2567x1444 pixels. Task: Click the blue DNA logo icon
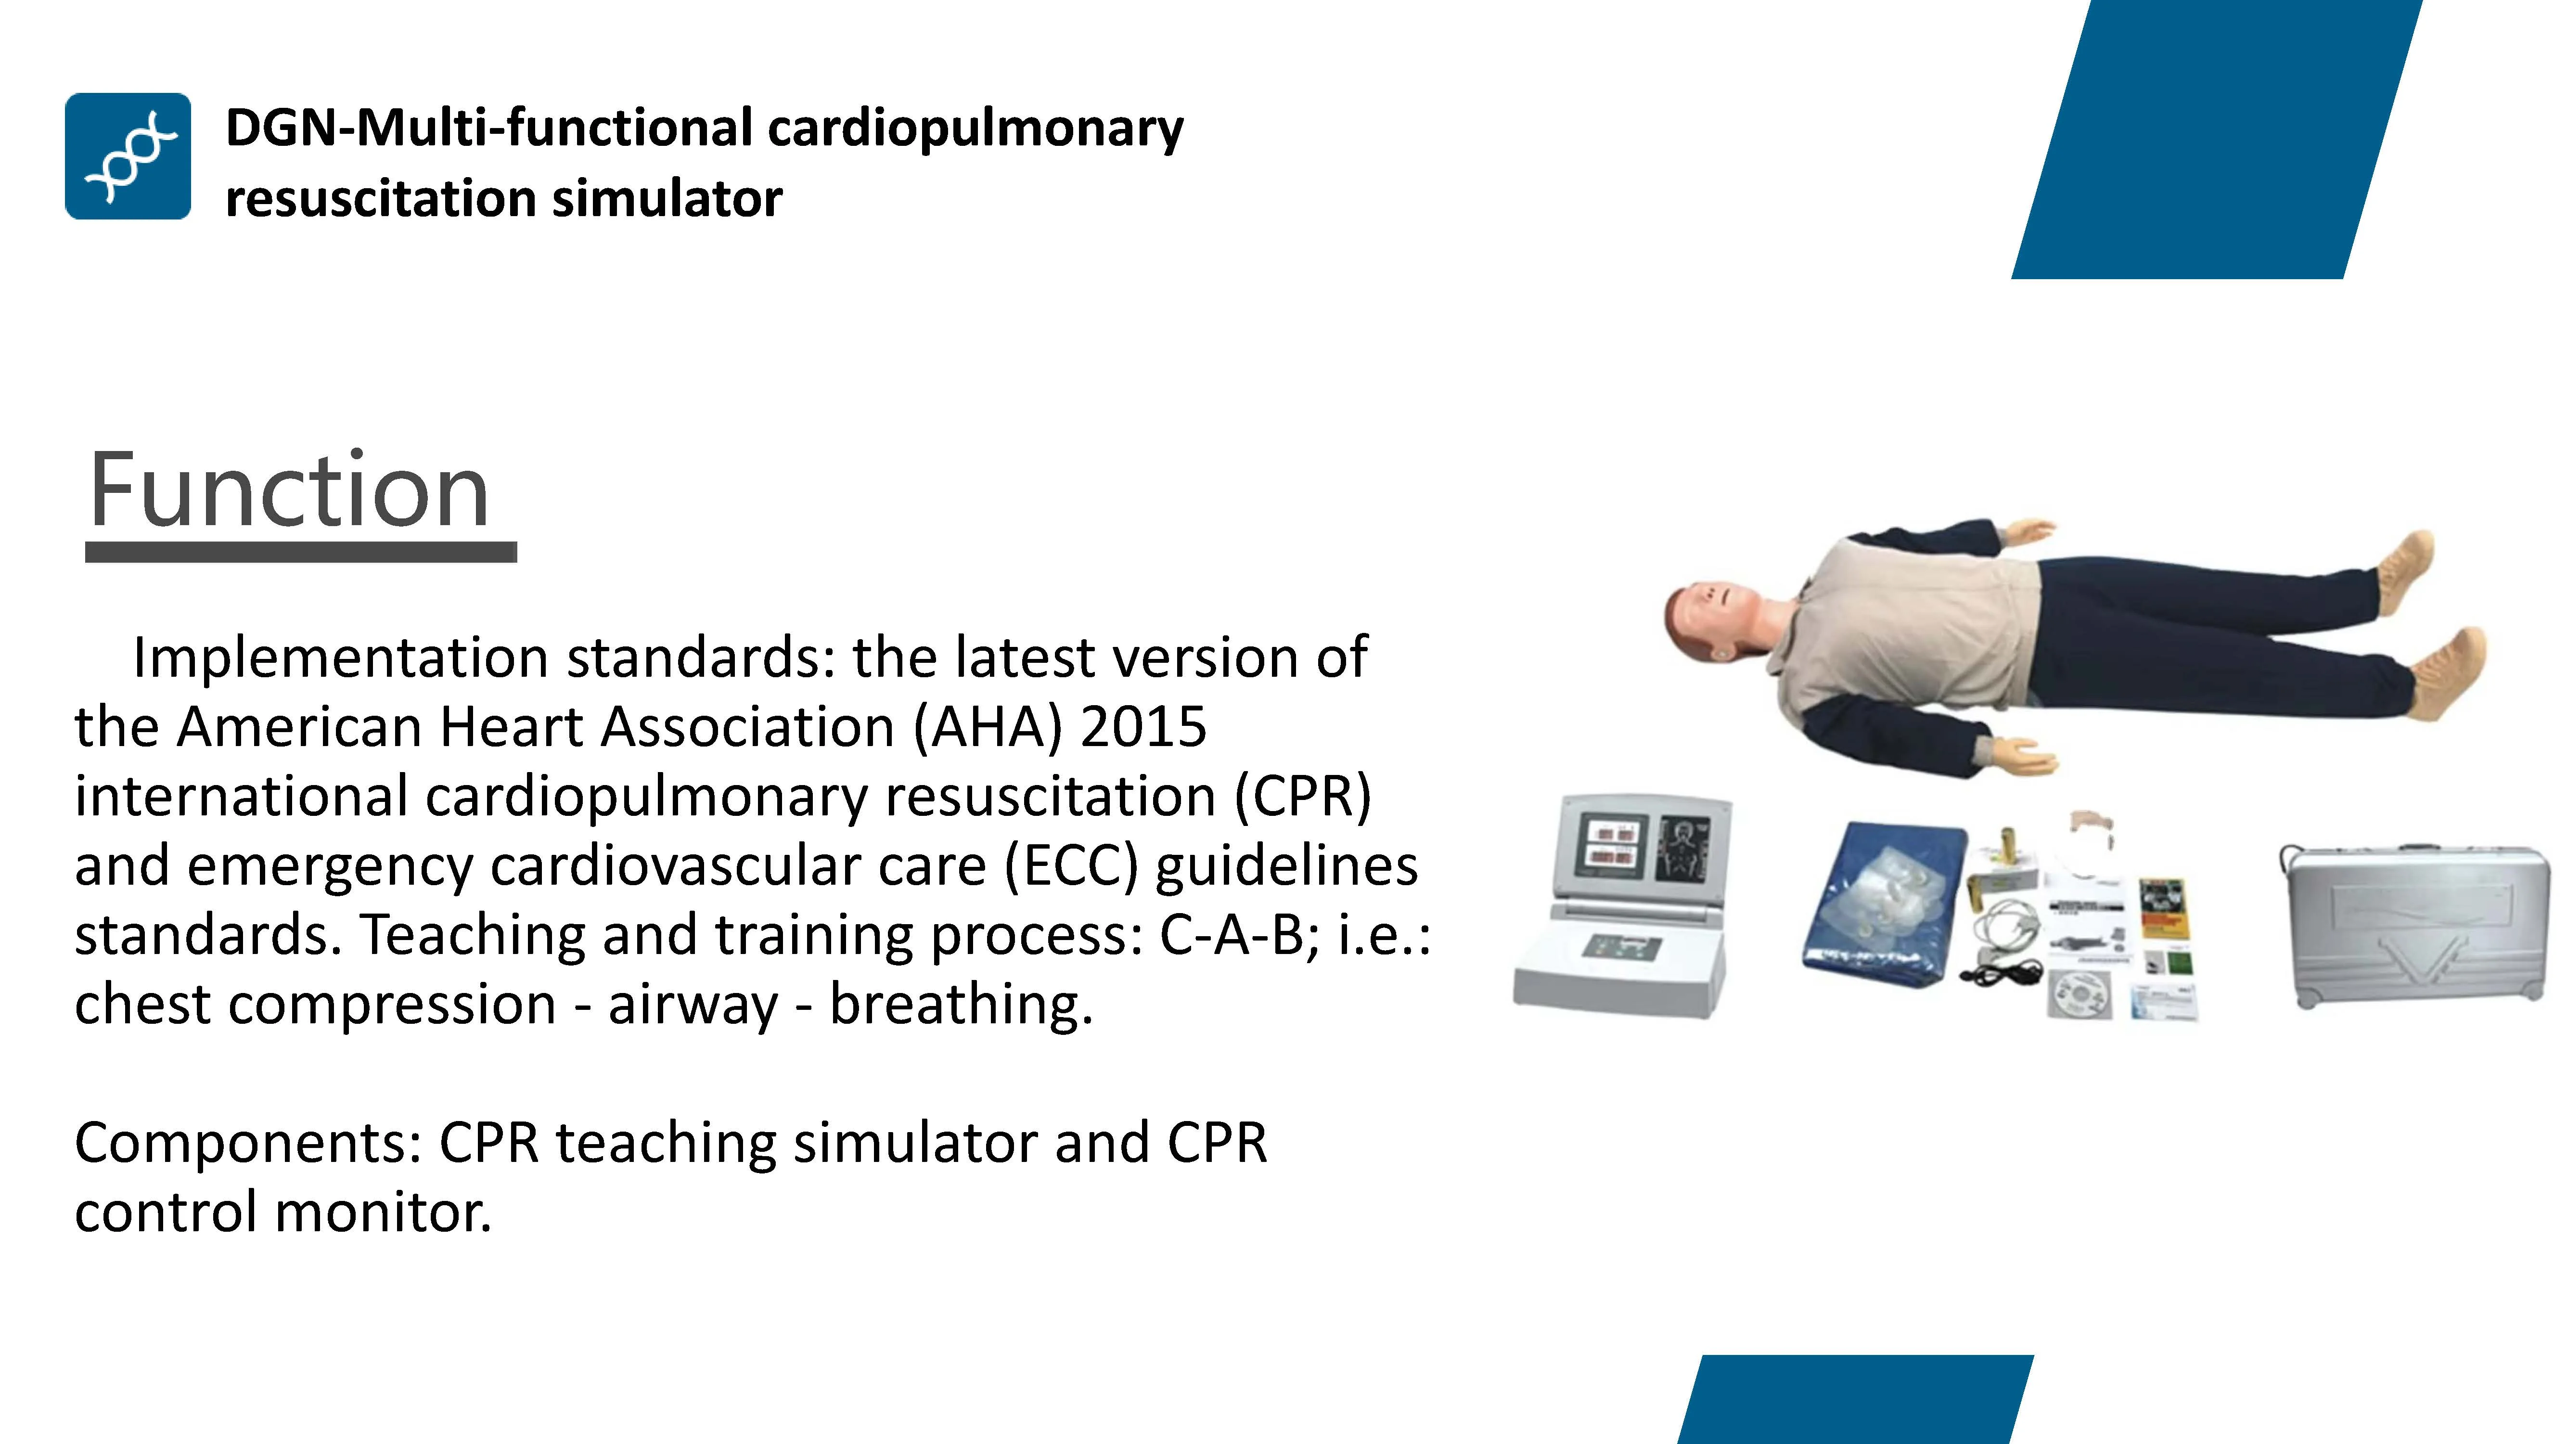(x=128, y=156)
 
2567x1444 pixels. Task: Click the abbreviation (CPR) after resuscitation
(x=1302, y=796)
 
